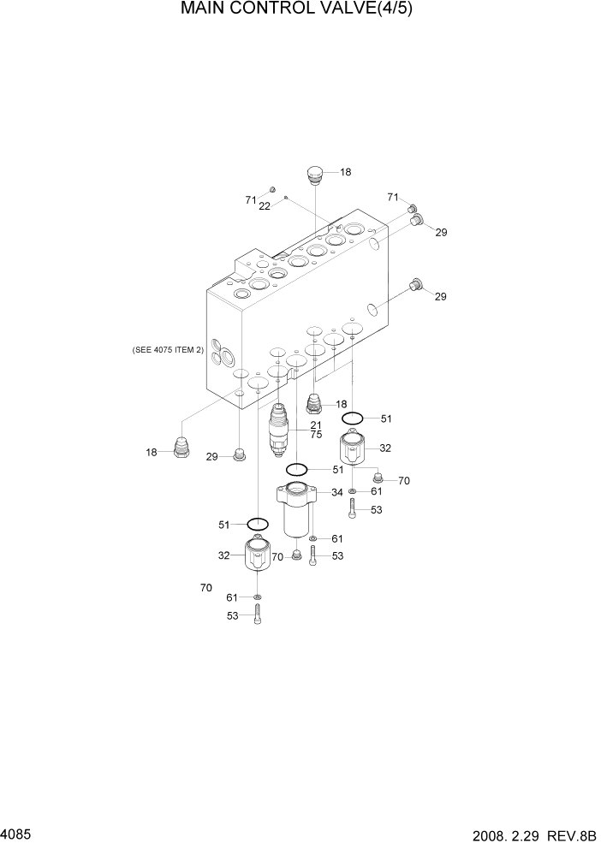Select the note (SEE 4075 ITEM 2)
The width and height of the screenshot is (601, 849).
(168, 350)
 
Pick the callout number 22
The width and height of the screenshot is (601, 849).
(265, 206)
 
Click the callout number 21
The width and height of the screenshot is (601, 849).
(315, 425)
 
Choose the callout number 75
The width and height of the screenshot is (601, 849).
(315, 436)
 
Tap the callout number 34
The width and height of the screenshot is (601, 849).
(337, 492)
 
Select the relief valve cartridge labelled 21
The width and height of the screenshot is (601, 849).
(278, 432)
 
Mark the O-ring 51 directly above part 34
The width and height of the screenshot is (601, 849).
(297, 469)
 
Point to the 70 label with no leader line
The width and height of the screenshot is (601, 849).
(205, 588)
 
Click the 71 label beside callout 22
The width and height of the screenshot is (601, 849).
(251, 199)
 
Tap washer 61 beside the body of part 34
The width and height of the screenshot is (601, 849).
(313, 538)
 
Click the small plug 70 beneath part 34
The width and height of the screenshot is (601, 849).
(296, 555)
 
